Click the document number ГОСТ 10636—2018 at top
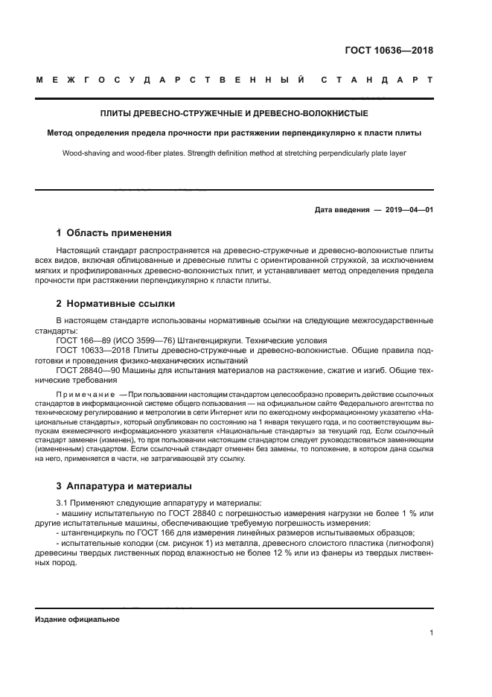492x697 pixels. [x=389, y=51]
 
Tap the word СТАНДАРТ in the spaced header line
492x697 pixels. [x=376, y=79]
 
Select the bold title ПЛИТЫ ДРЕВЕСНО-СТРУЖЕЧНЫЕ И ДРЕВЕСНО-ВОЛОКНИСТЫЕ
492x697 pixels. [x=234, y=114]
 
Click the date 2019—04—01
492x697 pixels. [x=409, y=209]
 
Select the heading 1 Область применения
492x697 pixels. [x=114, y=232]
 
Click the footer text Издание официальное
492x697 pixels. [x=77, y=620]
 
